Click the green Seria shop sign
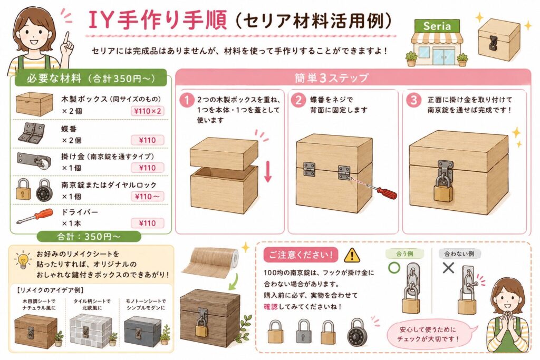[x=437, y=26]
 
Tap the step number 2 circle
[x=298, y=100]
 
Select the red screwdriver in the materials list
[x=35, y=216]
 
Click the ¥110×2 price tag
[x=148, y=111]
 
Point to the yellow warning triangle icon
[x=352, y=255]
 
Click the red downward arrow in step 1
[x=268, y=171]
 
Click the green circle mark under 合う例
[x=394, y=268]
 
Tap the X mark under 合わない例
[x=448, y=268]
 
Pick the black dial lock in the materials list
[x=44, y=190]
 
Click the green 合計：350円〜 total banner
[x=89, y=237]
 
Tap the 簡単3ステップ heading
[x=331, y=78]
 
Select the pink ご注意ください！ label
[x=301, y=255]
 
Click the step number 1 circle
[x=187, y=100]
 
